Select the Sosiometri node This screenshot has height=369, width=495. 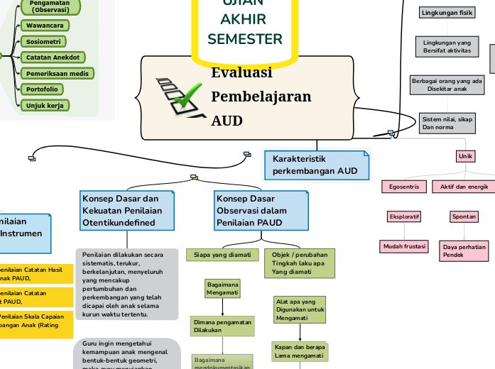(43, 42)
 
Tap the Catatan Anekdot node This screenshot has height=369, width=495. (53, 57)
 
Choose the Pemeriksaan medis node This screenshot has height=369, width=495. (57, 74)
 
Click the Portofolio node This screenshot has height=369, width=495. (42, 89)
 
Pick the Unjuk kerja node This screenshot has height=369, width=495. (45, 106)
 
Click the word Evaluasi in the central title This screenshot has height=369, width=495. (241, 72)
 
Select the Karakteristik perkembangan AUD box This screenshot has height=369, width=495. (316, 165)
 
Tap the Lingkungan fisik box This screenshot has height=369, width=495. (447, 13)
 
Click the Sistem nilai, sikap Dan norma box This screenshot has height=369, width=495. (446, 123)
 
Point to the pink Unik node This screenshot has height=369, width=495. (465, 156)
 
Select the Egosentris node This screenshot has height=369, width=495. (404, 187)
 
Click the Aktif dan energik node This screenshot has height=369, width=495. (464, 187)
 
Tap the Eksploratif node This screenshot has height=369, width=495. (404, 216)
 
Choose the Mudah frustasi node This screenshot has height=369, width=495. (404, 246)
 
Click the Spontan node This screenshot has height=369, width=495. (464, 216)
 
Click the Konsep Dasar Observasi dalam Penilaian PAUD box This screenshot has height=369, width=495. (261, 210)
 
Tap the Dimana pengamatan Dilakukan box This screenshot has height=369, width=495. (222, 326)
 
